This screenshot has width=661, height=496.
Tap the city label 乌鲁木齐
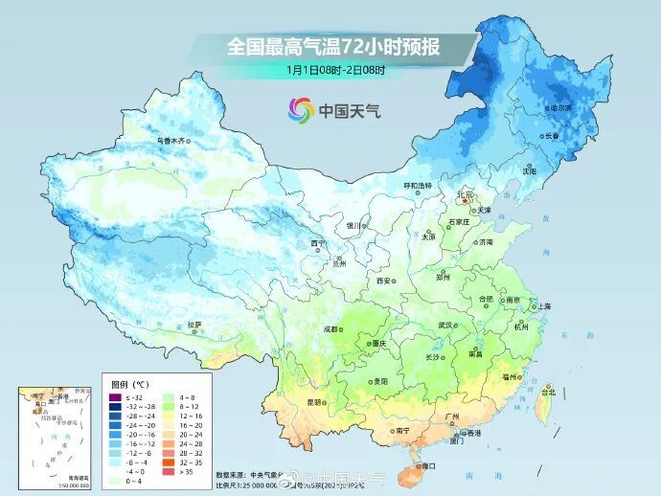pyautogui.click(x=170, y=141)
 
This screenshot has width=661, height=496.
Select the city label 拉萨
pyautogui.click(x=194, y=325)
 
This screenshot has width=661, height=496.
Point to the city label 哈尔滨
pyautogui.click(x=559, y=108)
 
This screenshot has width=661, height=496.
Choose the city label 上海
pyautogui.click(x=543, y=306)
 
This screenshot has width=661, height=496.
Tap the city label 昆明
pyautogui.click(x=315, y=402)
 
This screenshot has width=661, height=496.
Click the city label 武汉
pyautogui.click(x=446, y=325)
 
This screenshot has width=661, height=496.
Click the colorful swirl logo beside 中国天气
pyautogui.click(x=301, y=110)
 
